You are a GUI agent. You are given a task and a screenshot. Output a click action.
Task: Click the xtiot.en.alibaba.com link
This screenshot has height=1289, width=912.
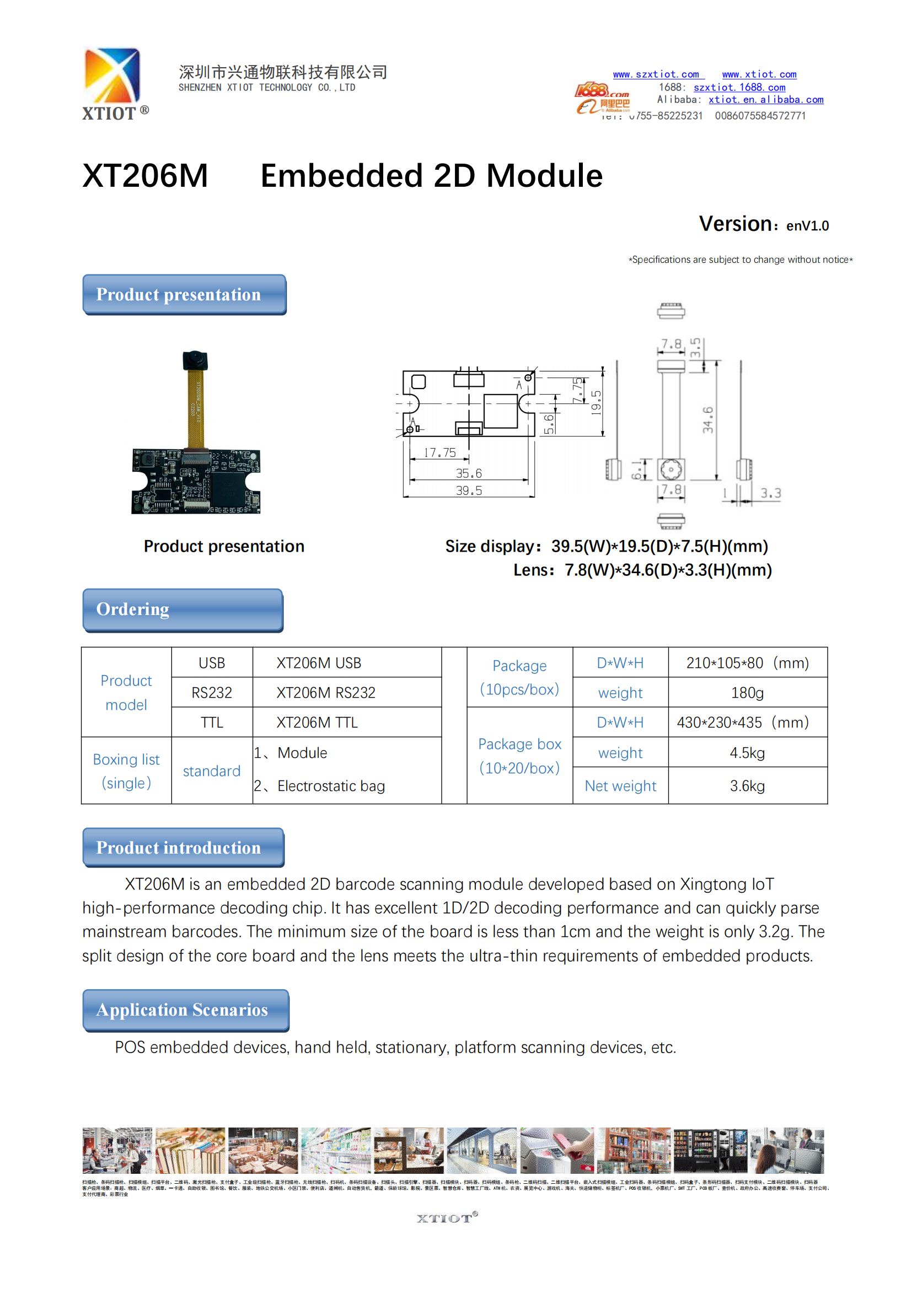[765, 100]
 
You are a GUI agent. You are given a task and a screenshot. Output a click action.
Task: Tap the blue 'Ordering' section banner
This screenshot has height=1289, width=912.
[183, 610]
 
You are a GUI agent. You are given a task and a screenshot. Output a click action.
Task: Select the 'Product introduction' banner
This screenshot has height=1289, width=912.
[183, 847]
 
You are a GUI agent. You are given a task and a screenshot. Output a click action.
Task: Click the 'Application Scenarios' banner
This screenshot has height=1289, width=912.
[185, 1010]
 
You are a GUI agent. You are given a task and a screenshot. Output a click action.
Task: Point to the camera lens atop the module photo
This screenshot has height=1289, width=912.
[195, 358]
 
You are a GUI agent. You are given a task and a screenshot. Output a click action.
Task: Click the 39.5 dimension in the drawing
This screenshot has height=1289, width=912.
[468, 490]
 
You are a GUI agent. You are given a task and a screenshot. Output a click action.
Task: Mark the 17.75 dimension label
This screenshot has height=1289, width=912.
[439, 452]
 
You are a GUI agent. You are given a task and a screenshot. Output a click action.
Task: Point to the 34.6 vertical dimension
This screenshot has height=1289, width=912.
[707, 419]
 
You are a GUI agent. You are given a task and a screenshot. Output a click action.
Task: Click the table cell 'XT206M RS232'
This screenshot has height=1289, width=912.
[326, 693]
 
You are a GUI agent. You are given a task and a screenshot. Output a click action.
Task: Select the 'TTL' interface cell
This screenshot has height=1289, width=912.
[212, 722]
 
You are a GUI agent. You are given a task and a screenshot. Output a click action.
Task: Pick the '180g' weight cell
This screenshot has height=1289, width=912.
[747, 693]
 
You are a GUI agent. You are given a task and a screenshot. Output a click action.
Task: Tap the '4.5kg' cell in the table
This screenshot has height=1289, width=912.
[747, 753]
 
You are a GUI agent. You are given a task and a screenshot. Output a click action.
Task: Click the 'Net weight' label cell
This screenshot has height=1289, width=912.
[620, 786]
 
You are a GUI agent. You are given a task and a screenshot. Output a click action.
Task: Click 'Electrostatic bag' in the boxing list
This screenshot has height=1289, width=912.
[331, 786]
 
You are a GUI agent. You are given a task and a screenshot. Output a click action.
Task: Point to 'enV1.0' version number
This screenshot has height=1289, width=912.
[807, 226]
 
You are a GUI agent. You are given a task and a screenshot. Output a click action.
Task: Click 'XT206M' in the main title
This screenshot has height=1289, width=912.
[146, 176]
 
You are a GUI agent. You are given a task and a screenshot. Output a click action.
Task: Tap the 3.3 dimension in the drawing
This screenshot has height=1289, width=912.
[770, 493]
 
